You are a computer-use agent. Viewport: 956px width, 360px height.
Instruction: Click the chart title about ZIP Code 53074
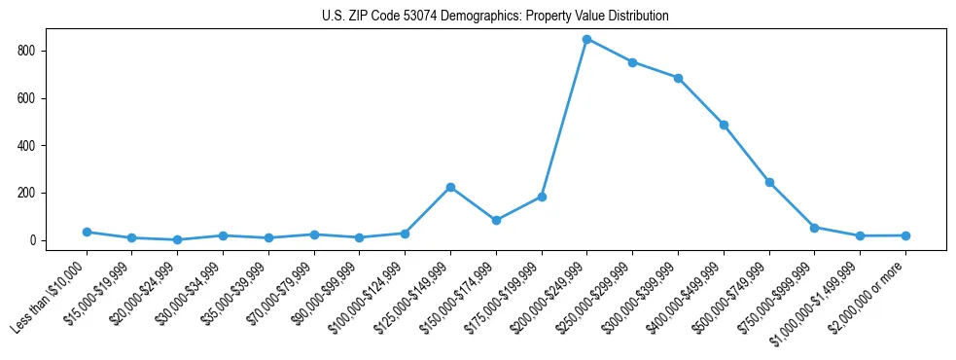[x=495, y=17]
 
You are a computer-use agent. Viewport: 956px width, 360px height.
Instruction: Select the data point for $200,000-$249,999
[x=586, y=39]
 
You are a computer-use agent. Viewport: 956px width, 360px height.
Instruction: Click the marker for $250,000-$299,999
[x=632, y=62]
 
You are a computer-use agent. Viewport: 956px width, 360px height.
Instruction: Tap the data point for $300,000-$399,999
[x=678, y=78]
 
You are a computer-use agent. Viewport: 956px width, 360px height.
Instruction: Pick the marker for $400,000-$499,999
[x=724, y=125]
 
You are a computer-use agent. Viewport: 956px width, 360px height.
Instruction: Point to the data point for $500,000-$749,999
[x=769, y=182]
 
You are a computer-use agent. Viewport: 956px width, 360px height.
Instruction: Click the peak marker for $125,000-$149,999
[x=450, y=187]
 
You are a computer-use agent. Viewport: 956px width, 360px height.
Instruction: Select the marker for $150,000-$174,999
[x=496, y=220]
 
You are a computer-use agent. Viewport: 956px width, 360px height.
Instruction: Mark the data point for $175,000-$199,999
[x=542, y=197]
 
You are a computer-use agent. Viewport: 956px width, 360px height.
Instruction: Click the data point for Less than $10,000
[x=87, y=232]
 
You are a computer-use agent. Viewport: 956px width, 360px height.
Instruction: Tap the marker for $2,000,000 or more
[x=905, y=235]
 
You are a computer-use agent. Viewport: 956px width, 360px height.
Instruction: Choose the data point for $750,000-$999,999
[x=814, y=227]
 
